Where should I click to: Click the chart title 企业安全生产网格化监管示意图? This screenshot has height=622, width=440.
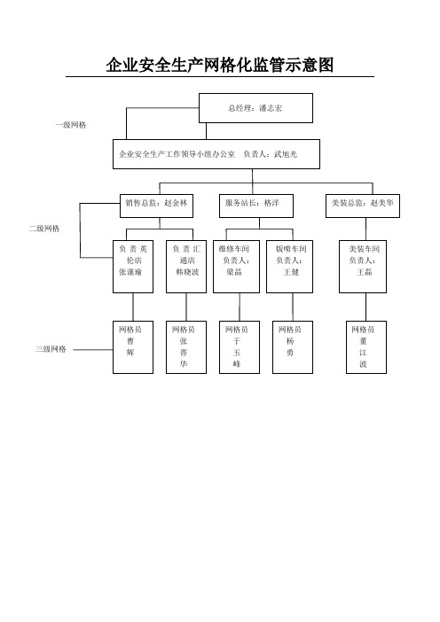click(220, 65)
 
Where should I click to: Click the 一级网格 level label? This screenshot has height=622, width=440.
click(71, 125)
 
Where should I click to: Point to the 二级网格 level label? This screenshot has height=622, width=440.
click(44, 229)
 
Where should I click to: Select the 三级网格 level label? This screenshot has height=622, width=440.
click(51, 349)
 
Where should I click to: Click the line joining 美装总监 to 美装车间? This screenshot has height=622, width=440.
click(365, 229)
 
